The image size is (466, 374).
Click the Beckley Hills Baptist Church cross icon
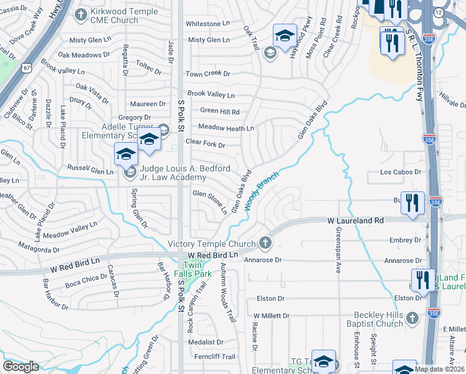tap(412, 319)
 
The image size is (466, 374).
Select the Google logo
tap(21, 367)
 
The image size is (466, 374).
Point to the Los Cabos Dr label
tap(401, 172)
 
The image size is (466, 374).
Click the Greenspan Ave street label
tap(339, 252)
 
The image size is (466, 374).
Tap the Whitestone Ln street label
tap(208, 24)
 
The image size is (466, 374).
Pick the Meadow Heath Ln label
tap(226, 128)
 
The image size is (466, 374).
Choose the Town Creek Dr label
tap(208, 74)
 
